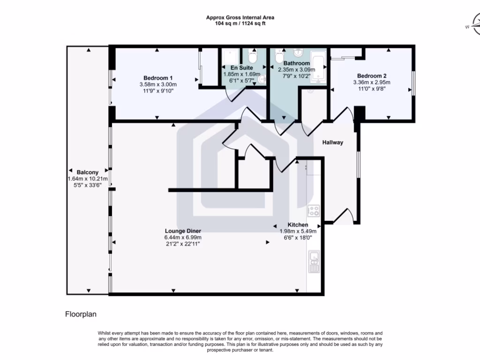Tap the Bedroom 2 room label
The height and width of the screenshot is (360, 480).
tap(372, 76)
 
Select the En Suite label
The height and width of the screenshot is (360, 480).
tap(241, 68)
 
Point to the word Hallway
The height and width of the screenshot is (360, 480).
tap(332, 142)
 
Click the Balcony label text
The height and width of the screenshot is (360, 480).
tap(88, 172)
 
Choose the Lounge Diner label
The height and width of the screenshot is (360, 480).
tap(183, 231)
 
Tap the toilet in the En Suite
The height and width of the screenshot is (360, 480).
tap(253, 57)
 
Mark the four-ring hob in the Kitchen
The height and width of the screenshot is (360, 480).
tap(313, 211)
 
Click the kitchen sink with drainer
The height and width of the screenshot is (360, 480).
tap(314, 262)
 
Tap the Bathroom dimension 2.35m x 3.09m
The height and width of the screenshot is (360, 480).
tap(297, 70)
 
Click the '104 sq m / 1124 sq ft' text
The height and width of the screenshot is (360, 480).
tap(240, 23)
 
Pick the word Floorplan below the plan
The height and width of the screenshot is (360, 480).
tap(81, 315)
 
